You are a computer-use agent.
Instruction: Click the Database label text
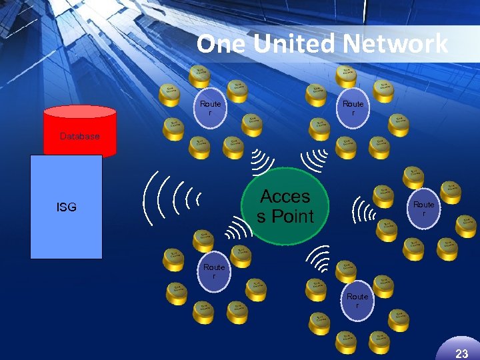tap(79, 136)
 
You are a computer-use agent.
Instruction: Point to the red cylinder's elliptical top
tap(79, 112)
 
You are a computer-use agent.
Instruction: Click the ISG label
tap(67, 207)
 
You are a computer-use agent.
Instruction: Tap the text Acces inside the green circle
tap(285, 197)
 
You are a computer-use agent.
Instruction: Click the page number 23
tap(461, 353)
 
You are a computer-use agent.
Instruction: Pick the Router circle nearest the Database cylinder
tap(211, 107)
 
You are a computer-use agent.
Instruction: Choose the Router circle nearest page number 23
tap(357, 300)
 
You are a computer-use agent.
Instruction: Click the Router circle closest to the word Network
tap(353, 107)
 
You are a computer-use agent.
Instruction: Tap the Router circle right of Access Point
tap(424, 208)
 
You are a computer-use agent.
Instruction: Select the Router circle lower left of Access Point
tap(214, 271)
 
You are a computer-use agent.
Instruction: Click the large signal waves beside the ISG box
tap(172, 199)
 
